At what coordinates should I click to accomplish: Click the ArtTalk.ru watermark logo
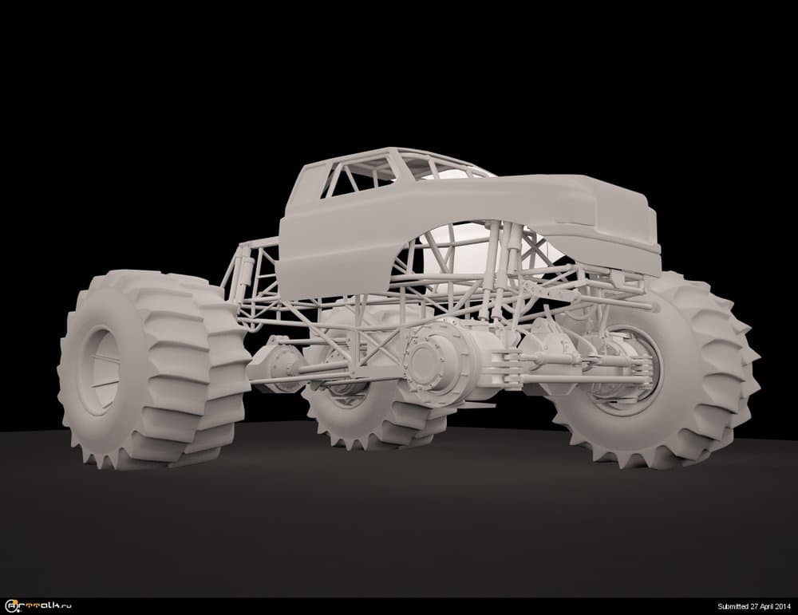(x=38, y=606)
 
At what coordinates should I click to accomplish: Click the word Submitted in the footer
(x=733, y=606)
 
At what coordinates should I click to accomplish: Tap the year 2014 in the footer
(x=784, y=606)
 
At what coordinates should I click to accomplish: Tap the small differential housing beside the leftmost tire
(x=278, y=364)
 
